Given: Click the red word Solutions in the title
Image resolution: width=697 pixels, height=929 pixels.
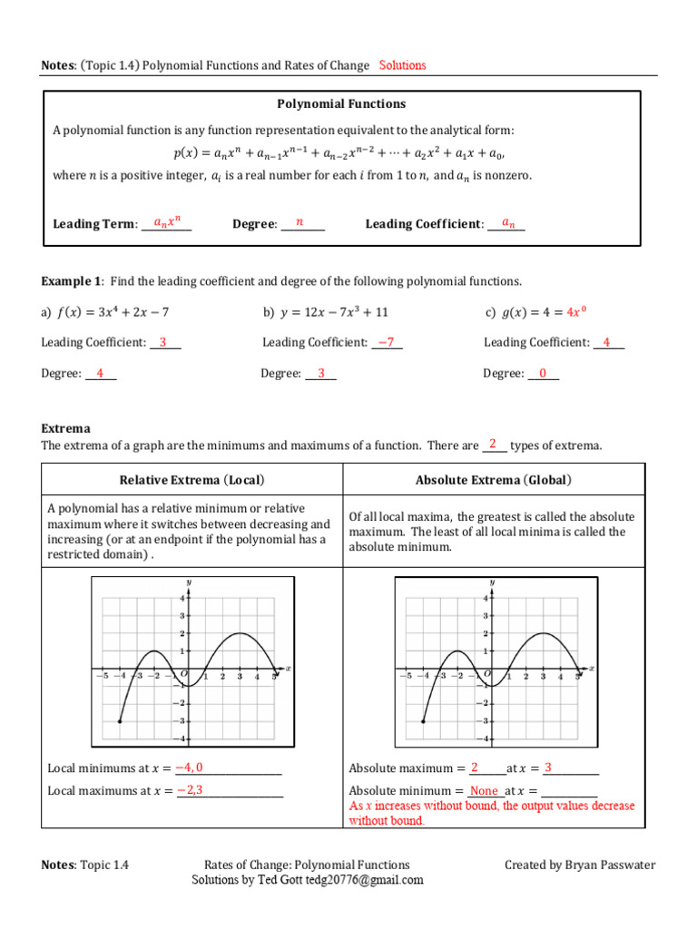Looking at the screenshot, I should (402, 65).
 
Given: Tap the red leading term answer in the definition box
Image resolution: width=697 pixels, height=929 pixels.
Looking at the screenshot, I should (167, 222).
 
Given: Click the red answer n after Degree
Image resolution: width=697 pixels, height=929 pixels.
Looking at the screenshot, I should (299, 222).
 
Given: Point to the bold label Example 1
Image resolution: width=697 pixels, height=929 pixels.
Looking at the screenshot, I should (72, 281).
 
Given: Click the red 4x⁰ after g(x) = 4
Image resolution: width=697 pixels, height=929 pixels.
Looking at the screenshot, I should (576, 312).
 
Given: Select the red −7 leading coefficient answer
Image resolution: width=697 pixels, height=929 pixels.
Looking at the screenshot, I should (387, 342).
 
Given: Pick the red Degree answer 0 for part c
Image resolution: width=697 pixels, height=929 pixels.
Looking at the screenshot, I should (543, 373).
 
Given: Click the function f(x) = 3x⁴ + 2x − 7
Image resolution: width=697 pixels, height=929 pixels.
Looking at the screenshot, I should (113, 312).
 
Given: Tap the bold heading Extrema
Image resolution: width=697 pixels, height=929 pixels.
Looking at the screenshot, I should (66, 428).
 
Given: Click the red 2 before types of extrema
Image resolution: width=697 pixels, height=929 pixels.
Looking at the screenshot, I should (493, 445).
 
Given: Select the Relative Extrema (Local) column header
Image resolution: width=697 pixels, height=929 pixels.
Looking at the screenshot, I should (192, 480).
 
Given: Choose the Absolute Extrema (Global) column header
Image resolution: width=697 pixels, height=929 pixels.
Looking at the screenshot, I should (494, 480).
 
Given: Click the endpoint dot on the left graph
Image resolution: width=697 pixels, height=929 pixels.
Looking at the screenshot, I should (121, 721).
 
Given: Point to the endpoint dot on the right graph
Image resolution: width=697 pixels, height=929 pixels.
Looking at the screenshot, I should (424, 721).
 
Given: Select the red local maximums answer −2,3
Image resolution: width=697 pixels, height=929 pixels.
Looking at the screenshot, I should (190, 790).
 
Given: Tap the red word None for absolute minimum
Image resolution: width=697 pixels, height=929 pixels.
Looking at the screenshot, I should (484, 791).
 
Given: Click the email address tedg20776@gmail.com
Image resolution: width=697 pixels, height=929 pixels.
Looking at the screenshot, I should (365, 880).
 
